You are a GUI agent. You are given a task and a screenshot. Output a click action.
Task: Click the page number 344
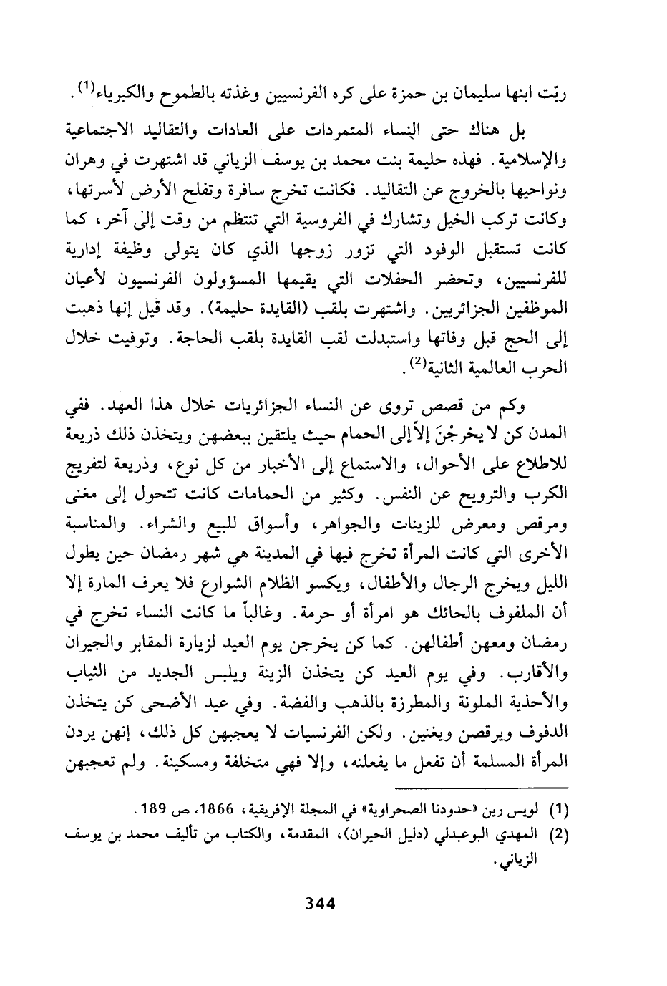(x=321, y=904)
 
